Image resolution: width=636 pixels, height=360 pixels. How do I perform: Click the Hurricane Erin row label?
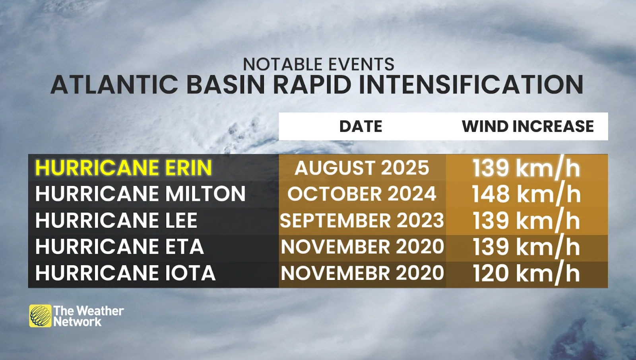click(x=124, y=167)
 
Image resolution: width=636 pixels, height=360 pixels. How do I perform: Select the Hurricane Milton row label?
click(x=140, y=194)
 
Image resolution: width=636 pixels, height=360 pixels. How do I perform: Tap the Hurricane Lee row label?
click(x=116, y=220)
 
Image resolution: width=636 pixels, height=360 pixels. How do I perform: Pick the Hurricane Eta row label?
click(x=120, y=246)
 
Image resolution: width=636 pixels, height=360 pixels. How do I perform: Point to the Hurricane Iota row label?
click(x=125, y=273)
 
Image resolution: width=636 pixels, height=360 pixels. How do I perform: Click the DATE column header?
click(x=361, y=126)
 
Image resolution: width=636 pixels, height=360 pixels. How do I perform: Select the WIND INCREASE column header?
click(x=528, y=126)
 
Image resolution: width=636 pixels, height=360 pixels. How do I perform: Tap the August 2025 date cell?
click(x=362, y=167)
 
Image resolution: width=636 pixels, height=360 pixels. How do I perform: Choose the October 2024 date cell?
click(x=362, y=194)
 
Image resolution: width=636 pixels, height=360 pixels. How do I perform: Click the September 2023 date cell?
click(x=362, y=220)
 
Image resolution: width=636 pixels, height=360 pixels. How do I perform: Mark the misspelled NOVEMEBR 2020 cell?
click(x=362, y=273)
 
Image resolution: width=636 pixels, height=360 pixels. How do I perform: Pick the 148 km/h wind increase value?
click(x=526, y=194)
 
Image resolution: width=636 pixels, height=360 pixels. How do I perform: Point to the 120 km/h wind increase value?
click(x=526, y=273)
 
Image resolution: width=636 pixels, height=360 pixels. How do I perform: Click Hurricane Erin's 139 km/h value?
click(x=526, y=168)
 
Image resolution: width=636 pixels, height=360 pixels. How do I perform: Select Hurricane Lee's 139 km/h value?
click(x=526, y=220)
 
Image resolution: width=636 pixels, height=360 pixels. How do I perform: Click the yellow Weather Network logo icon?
click(x=40, y=316)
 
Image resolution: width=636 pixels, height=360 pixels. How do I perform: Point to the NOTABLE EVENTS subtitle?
click(x=318, y=64)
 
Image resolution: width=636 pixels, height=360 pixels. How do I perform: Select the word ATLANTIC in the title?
click(x=114, y=85)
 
